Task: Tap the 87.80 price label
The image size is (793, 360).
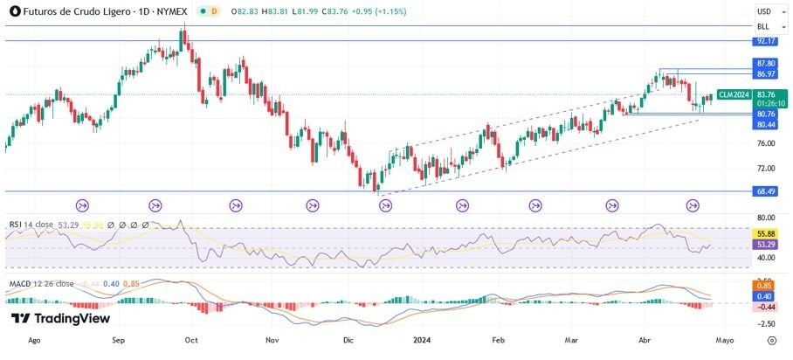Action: [766, 64]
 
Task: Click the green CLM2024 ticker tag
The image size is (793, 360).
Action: [733, 94]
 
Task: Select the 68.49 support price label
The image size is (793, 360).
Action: [766, 192]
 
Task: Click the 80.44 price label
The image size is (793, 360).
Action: [766, 125]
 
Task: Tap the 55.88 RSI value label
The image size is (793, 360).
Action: [766, 235]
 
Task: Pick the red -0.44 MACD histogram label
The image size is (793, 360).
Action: [766, 307]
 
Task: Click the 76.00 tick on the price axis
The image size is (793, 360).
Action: [766, 143]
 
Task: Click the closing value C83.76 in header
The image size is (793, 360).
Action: [321, 10]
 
